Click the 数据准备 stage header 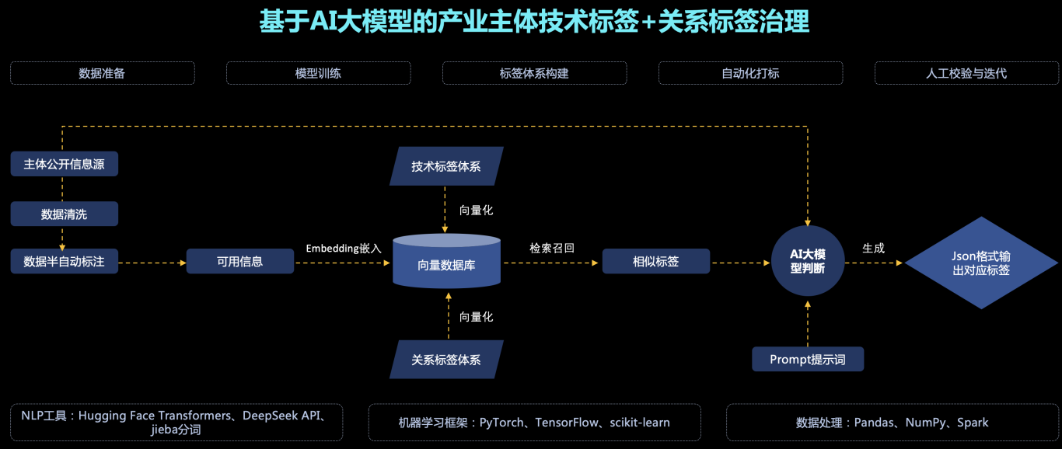102,73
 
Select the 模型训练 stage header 318,73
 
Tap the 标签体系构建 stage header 534,73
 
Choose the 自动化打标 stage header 750,73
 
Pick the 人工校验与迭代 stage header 966,73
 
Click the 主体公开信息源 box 65,164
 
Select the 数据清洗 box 65,214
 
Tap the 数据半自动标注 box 65,262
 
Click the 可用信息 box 240,262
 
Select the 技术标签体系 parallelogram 446,166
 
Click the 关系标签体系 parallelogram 446,360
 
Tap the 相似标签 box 656,262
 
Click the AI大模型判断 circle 808,261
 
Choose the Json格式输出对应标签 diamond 981,263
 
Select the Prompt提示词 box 808,359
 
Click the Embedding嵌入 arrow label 344,249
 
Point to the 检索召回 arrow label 552,249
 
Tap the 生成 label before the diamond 873,249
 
